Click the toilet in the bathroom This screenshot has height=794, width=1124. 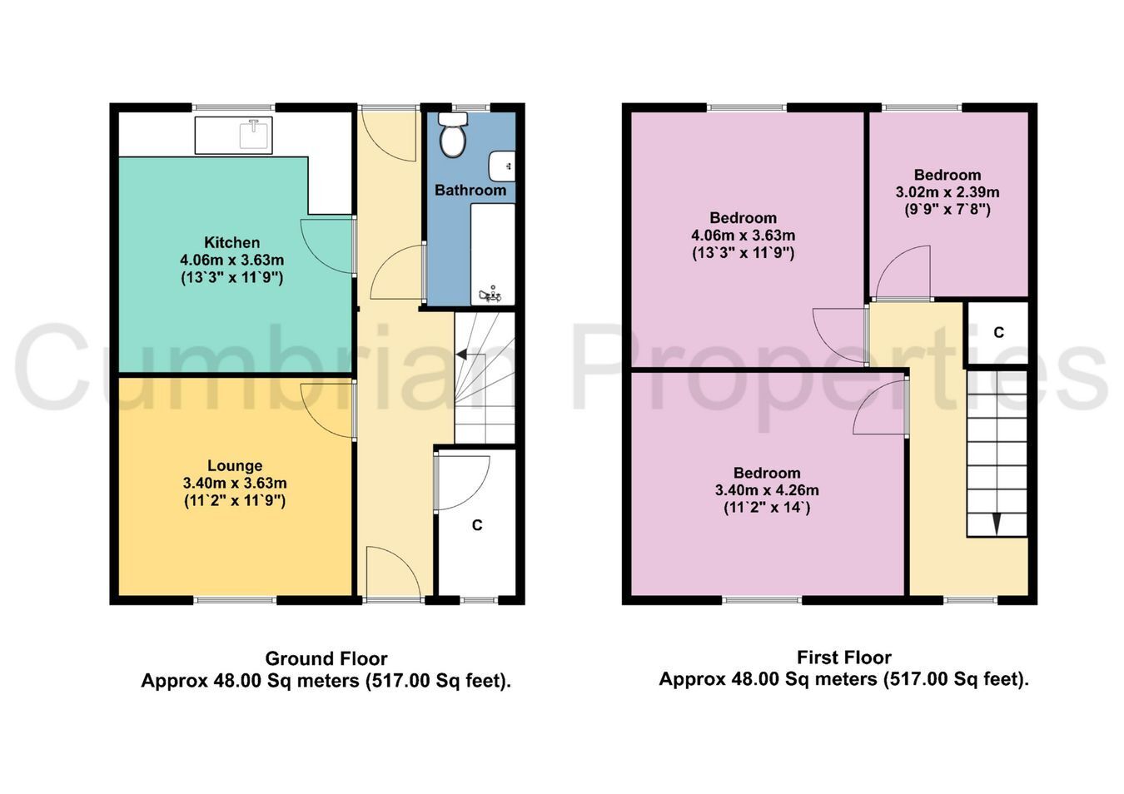[x=453, y=135]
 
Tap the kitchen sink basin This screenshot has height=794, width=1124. [x=256, y=134]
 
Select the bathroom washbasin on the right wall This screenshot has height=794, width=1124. [x=502, y=166]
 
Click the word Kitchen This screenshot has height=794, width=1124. [x=231, y=243]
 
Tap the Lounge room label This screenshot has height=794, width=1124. [x=235, y=465]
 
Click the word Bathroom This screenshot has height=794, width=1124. [x=470, y=190]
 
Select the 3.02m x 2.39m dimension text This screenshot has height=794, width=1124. [x=947, y=192]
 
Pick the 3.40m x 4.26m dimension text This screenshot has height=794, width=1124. [x=767, y=490]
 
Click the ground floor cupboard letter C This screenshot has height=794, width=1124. [x=477, y=525]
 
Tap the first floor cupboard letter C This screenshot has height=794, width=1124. [x=999, y=333]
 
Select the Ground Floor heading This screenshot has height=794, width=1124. [x=326, y=658]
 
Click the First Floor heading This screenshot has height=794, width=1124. [x=844, y=657]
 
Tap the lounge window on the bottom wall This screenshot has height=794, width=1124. [x=235, y=600]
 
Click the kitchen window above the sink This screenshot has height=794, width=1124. [x=233, y=107]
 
